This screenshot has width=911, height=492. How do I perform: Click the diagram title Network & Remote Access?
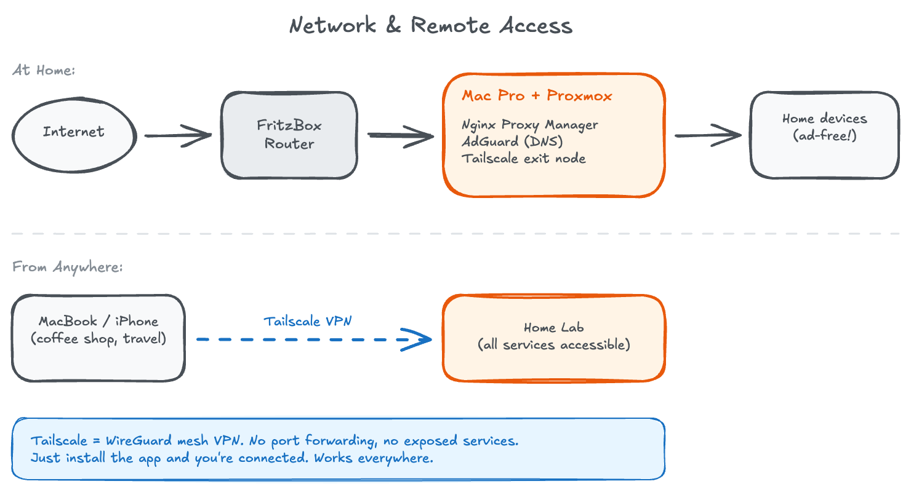click(431, 26)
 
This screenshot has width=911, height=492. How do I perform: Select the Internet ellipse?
click(74, 132)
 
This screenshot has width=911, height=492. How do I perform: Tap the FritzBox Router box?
click(289, 135)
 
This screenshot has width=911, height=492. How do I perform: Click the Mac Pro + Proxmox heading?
click(537, 96)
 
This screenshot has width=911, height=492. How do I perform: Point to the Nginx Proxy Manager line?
click(530, 125)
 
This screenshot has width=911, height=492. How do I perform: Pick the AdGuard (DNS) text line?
click(512, 141)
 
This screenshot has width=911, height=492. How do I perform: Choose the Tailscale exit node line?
click(524, 159)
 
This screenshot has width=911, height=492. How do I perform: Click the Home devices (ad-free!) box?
click(824, 135)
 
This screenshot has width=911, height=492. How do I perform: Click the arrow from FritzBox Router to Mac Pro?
click(400, 135)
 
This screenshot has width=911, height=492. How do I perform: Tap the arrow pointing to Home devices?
click(708, 135)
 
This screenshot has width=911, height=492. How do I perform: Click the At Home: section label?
click(44, 70)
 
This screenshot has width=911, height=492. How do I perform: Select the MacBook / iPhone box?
click(98, 338)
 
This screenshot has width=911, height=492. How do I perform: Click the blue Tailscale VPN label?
click(308, 321)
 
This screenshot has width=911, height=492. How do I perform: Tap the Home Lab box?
click(554, 338)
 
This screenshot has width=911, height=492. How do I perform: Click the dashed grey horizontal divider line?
click(455, 234)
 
